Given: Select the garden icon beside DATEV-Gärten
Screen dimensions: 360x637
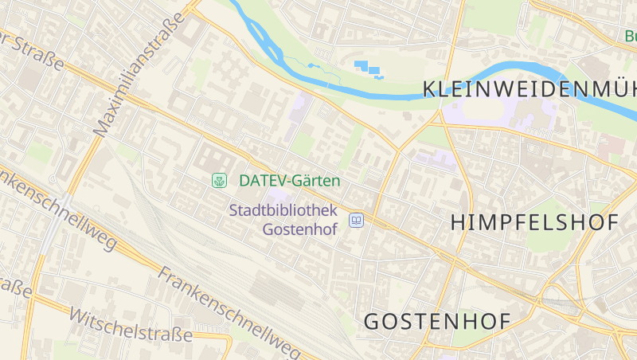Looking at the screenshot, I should (218, 181).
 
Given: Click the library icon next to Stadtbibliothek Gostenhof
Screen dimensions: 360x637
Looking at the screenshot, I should (357, 220).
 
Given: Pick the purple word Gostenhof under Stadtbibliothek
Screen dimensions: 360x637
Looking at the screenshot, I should (300, 229).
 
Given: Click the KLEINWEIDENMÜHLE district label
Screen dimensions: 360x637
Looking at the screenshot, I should (530, 88).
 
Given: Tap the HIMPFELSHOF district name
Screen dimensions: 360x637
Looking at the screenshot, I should (534, 222).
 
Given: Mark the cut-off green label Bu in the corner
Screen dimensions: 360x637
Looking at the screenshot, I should (630, 36).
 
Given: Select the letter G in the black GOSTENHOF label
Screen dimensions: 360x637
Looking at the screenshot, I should (373, 322).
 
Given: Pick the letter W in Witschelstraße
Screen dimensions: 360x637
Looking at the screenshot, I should (78, 313).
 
